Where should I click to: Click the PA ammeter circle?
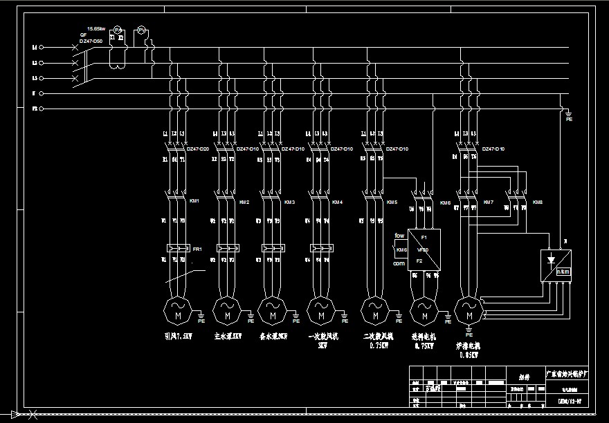point(118,30)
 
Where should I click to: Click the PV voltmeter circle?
point(140,30)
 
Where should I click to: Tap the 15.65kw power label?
point(96,29)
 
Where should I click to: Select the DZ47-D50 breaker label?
point(91,41)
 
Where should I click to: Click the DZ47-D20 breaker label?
point(198,149)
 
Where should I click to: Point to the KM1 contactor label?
point(194,202)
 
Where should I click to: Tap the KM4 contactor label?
point(337,203)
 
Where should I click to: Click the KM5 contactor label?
point(392,203)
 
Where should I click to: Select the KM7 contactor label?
point(489,203)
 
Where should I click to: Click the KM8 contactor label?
point(538,203)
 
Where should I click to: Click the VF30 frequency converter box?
point(424,250)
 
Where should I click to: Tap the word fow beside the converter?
point(399,236)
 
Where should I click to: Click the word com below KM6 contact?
point(399,263)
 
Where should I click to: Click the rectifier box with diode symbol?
point(557,265)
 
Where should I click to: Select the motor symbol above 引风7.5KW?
point(177,310)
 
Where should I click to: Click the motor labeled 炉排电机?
point(469,310)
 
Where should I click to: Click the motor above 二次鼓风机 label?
point(375,310)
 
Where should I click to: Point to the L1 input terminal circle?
point(41,47)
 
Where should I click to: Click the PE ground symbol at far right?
point(569,115)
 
